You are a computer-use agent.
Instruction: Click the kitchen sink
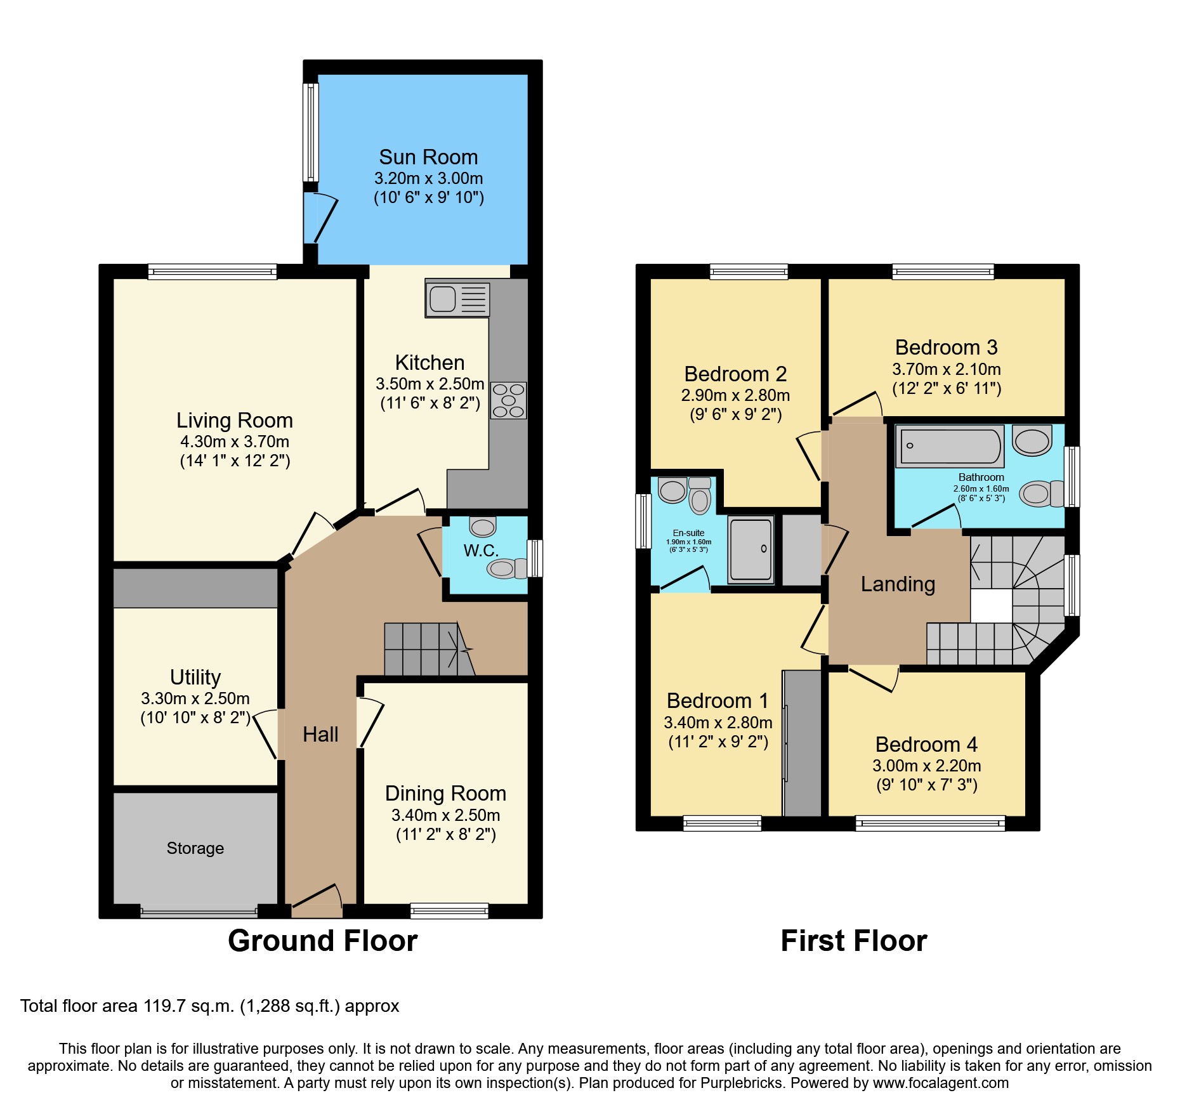click(x=457, y=298)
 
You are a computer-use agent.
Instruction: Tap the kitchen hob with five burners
click(x=508, y=400)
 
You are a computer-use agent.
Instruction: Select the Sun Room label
click(x=428, y=157)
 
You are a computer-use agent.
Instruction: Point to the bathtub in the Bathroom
click(x=949, y=446)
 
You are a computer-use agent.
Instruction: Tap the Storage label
click(x=195, y=848)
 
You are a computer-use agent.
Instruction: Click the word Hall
click(x=320, y=734)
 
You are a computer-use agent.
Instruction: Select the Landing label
click(x=898, y=584)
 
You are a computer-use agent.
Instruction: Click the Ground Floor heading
click(x=322, y=940)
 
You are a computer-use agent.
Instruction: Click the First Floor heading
click(x=853, y=940)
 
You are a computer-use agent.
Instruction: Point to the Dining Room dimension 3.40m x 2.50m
click(x=445, y=815)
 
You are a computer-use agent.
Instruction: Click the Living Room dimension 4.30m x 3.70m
click(x=235, y=442)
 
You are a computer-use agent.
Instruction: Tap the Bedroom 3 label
click(x=946, y=348)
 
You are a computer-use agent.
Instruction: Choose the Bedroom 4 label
click(x=926, y=744)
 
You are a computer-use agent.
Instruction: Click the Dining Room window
click(x=449, y=911)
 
